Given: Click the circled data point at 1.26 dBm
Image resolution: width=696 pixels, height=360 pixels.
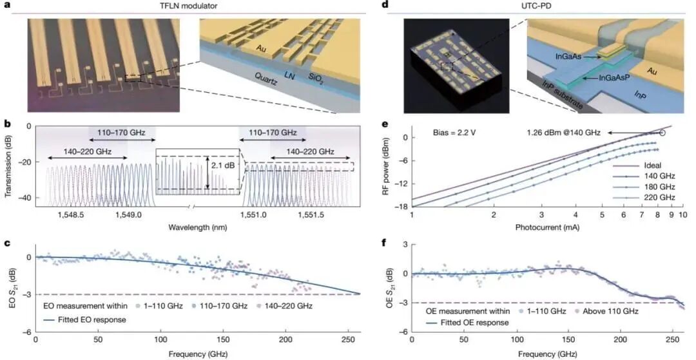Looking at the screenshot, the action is pyautogui.click(x=662, y=133).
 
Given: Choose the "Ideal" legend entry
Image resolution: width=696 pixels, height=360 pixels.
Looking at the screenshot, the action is pyautogui.click(x=643, y=166).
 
